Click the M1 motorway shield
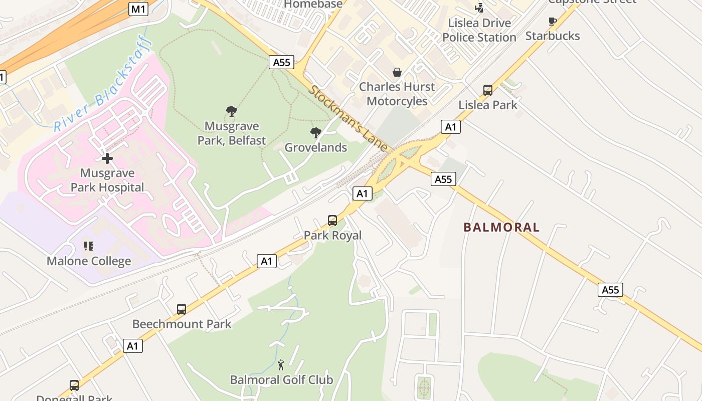click(138, 9)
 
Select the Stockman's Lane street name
click(348, 119)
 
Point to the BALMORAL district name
click(501, 227)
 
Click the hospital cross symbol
click(107, 158)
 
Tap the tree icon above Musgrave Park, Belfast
click(231, 111)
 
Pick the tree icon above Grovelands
click(316, 133)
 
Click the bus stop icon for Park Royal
click(332, 221)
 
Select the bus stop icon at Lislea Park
click(488, 90)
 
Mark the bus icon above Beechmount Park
click(182, 309)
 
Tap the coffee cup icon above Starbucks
click(553, 21)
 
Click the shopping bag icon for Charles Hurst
click(397, 72)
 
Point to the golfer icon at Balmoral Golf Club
click(281, 365)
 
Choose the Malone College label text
click(89, 261)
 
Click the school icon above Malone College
click(89, 246)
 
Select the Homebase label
click(313, 4)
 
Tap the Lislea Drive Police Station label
click(479, 30)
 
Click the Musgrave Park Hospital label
click(107, 180)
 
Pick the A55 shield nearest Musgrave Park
click(281, 62)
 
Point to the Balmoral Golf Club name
click(281, 380)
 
